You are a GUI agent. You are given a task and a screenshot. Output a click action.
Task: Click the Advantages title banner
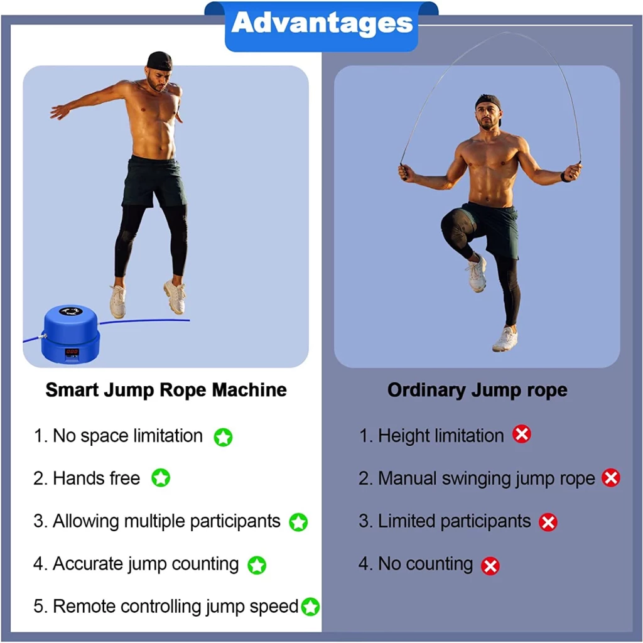point(321,26)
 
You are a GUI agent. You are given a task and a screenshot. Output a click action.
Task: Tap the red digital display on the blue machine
point(72,352)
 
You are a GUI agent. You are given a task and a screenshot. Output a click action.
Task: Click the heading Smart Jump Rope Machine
point(166,390)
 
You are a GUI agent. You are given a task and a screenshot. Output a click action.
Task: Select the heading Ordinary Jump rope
point(477,390)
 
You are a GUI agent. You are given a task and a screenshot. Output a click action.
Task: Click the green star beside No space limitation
point(223,437)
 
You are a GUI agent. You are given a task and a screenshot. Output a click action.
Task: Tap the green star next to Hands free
point(161,478)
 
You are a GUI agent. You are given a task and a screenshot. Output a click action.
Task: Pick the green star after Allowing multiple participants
point(298,522)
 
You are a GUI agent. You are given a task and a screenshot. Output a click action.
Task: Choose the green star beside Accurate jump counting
point(257,565)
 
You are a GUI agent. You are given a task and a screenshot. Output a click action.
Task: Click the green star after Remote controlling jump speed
point(310,607)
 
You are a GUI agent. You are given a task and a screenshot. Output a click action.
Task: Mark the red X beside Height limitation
point(522,434)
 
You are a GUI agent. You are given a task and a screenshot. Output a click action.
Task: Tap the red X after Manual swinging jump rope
point(611,478)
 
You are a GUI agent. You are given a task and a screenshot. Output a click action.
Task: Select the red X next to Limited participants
point(548,522)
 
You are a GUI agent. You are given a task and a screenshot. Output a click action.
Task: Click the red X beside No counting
point(490,566)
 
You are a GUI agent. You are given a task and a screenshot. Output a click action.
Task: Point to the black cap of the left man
point(160,61)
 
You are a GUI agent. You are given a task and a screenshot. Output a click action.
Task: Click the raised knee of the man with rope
point(451,224)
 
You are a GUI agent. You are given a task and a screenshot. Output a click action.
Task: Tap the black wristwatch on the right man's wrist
point(566,176)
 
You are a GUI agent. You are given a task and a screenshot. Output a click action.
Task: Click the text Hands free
point(96,478)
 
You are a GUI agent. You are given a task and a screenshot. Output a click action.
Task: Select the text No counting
point(425,564)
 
